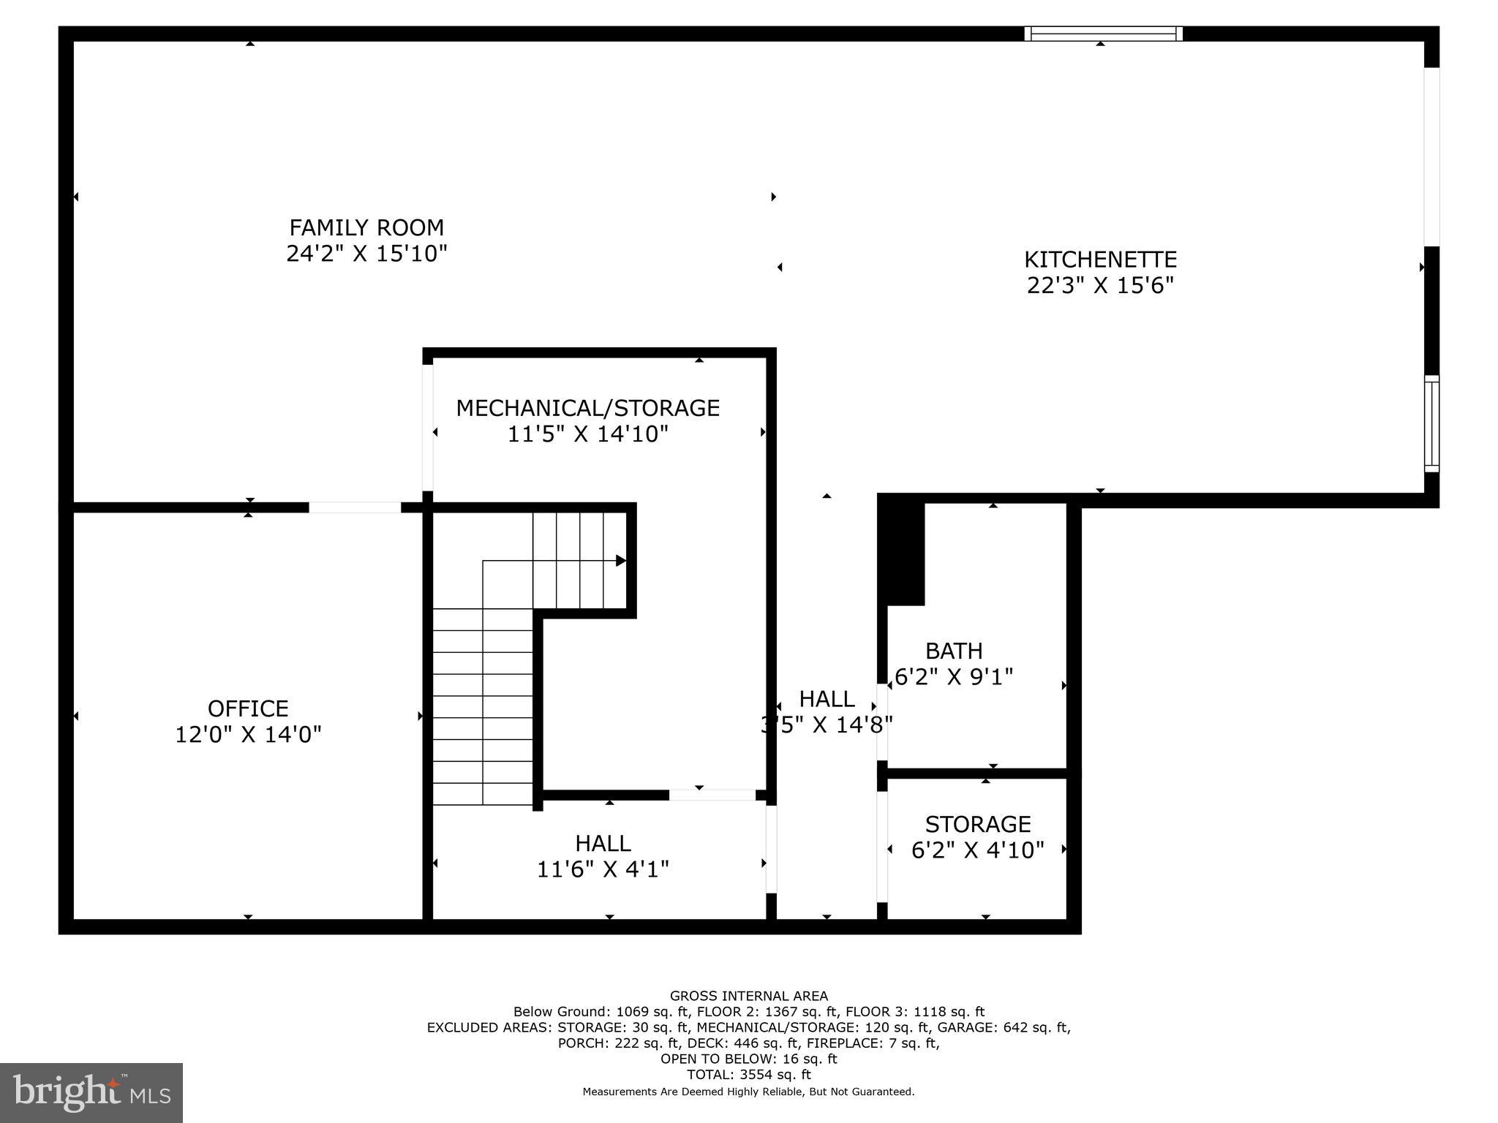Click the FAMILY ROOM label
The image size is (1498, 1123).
click(x=366, y=227)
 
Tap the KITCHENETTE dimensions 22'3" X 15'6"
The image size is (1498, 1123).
click(x=1100, y=285)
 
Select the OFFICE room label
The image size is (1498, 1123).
click(x=248, y=708)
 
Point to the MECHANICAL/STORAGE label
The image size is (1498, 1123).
click(x=587, y=408)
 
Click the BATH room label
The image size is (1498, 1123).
click(x=954, y=651)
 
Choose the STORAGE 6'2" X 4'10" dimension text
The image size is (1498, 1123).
click(x=977, y=850)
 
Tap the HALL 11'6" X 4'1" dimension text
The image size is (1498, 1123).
click(x=603, y=869)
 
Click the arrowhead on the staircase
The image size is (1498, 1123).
click(x=620, y=561)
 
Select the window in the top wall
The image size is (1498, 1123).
click(x=1103, y=33)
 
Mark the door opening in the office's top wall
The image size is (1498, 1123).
click(x=355, y=507)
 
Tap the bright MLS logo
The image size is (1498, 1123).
click(x=91, y=1092)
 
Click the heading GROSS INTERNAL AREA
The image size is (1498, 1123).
click(x=749, y=996)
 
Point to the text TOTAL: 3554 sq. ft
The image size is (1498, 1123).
click(x=749, y=1075)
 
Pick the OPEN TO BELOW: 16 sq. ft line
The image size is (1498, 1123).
click(x=749, y=1059)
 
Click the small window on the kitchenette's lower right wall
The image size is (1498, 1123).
click(x=1431, y=424)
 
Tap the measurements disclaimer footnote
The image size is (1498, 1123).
click(x=748, y=1092)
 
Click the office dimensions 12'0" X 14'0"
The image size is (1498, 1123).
click(x=248, y=735)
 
